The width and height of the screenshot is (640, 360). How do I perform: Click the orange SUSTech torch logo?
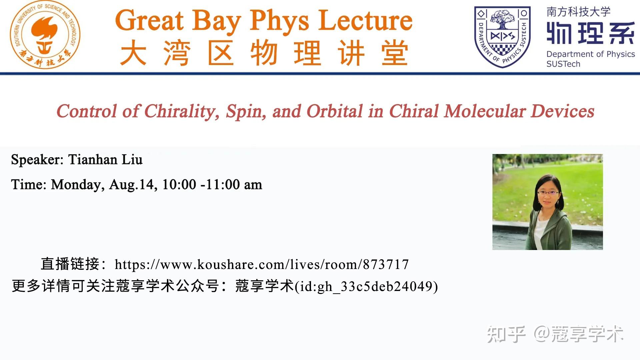[45, 35]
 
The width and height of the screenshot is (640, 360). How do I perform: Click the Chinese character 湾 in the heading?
[177, 53]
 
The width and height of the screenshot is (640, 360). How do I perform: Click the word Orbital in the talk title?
[334, 111]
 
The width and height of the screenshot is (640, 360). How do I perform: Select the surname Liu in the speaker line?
[132, 160]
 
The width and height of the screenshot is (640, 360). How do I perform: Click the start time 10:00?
[179, 185]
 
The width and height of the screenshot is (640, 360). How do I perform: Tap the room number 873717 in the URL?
[386, 265]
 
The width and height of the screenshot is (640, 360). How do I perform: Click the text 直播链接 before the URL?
[70, 264]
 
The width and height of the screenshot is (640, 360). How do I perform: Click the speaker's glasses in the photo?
[548, 192]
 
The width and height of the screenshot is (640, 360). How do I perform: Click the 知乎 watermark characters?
[506, 334]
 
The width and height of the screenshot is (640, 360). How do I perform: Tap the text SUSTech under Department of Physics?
[563, 64]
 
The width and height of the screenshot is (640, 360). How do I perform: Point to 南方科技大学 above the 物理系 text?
[578, 12]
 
